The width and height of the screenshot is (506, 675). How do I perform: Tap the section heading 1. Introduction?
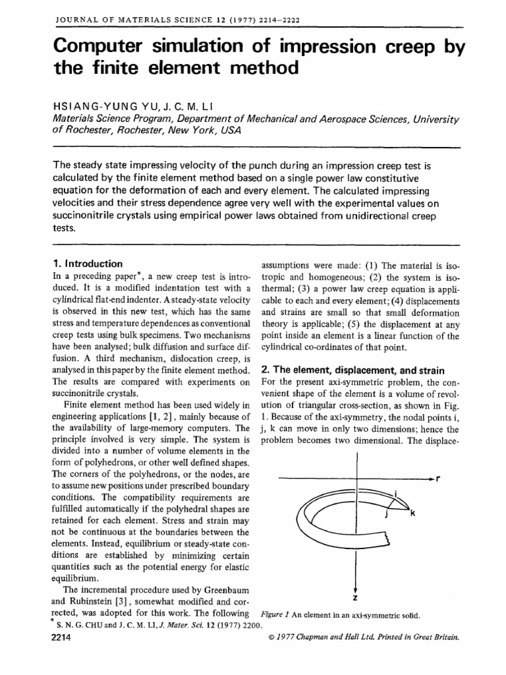pyautogui.click(x=86, y=264)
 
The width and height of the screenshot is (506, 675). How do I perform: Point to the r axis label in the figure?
pyautogui.click(x=438, y=478)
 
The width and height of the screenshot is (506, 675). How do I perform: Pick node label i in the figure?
pyautogui.click(x=394, y=492)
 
